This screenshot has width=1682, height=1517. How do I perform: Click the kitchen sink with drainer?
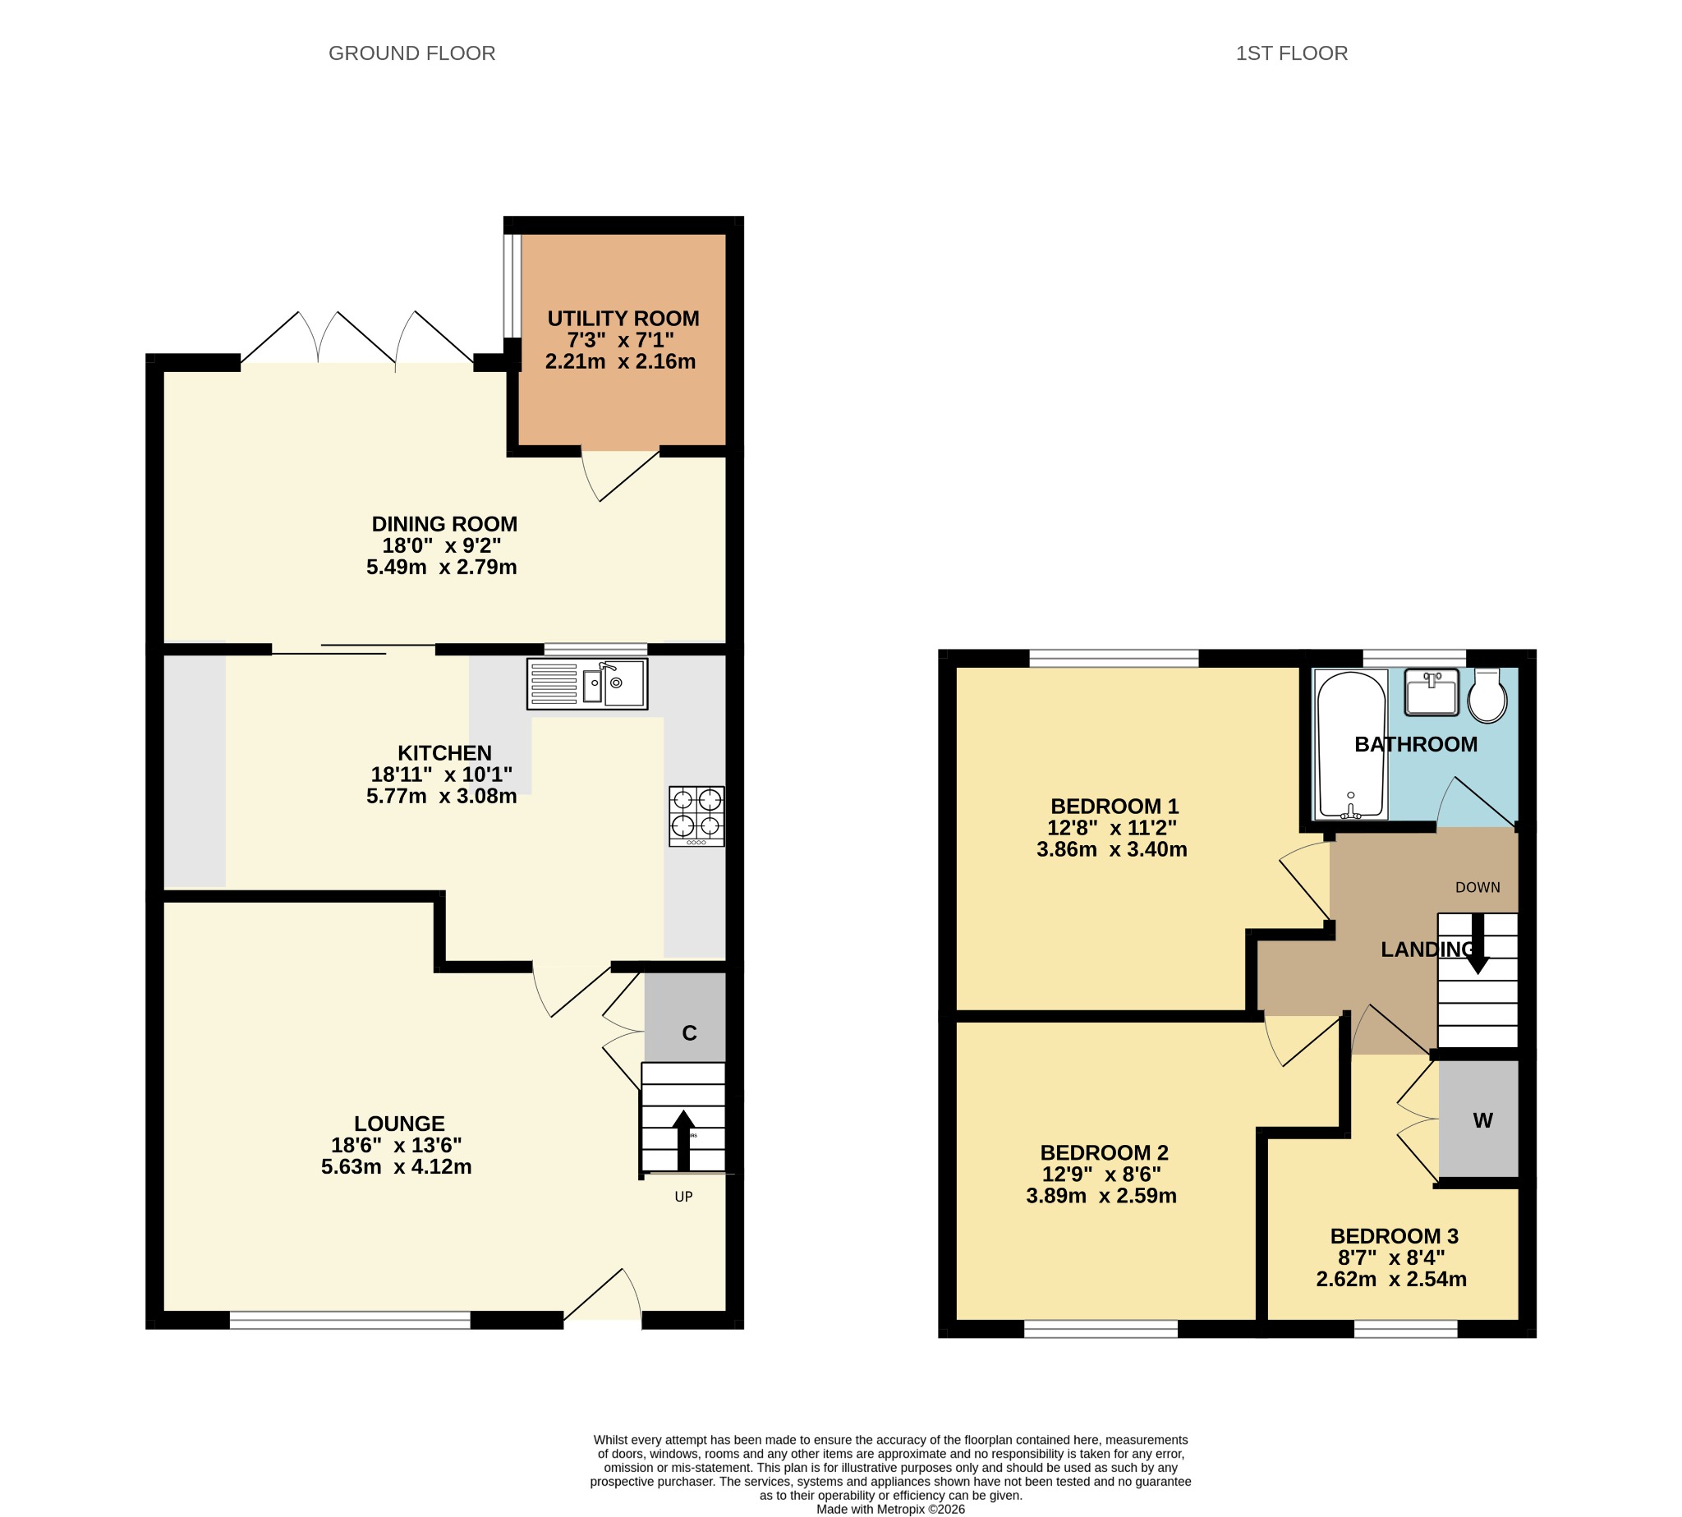point(586,684)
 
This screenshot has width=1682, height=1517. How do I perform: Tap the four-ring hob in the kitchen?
point(696,816)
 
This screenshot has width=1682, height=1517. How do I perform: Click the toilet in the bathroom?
point(1487,694)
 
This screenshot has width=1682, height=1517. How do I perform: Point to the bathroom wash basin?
point(1432,692)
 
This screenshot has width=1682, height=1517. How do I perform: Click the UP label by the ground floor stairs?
point(683,1197)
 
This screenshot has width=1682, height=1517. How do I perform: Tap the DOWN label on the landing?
point(1477,888)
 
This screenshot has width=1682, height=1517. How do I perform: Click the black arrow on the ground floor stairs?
point(683,1140)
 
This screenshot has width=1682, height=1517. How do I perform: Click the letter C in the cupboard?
point(689,1033)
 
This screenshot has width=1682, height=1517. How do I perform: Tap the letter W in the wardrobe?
point(1482,1121)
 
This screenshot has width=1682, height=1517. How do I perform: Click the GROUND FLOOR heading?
point(411,53)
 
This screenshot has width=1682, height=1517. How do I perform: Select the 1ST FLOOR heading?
point(1291,53)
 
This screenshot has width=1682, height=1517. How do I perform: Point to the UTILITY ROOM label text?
point(623,319)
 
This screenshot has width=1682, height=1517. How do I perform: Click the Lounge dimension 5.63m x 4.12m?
point(397,1167)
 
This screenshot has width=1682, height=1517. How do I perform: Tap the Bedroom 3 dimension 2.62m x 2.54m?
point(1391,1280)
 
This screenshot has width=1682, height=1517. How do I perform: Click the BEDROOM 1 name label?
point(1114,807)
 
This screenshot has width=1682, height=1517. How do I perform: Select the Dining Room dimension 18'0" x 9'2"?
point(442,546)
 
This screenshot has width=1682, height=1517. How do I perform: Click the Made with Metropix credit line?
point(890,1510)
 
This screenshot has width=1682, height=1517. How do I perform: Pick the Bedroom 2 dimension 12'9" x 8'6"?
point(1102,1175)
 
